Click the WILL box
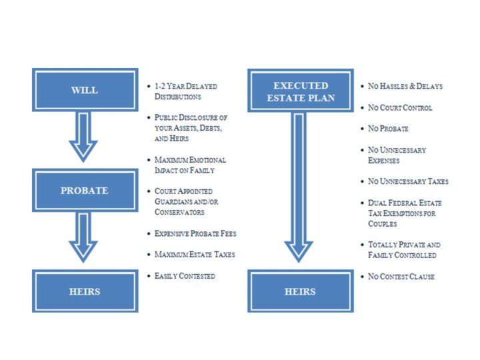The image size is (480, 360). (x=84, y=89)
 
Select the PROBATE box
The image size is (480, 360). (x=84, y=190)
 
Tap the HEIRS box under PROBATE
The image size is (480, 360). (x=84, y=291)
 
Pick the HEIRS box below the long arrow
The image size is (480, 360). (x=300, y=291)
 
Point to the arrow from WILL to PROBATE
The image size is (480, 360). (x=83, y=137)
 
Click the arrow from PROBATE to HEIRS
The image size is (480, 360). (x=83, y=237)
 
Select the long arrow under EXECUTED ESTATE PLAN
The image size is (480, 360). (x=299, y=187)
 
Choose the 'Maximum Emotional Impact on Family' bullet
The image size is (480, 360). (x=190, y=165)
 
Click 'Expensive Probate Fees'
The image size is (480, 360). (x=195, y=233)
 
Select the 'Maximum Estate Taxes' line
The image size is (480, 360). (x=195, y=254)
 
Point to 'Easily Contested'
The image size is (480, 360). (x=185, y=275)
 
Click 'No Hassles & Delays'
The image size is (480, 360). (x=405, y=87)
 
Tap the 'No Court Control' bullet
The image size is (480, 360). (x=400, y=107)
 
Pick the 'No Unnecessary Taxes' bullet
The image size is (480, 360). (x=408, y=181)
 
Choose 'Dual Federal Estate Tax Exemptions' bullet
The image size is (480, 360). (x=405, y=213)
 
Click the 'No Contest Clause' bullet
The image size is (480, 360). (x=401, y=276)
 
